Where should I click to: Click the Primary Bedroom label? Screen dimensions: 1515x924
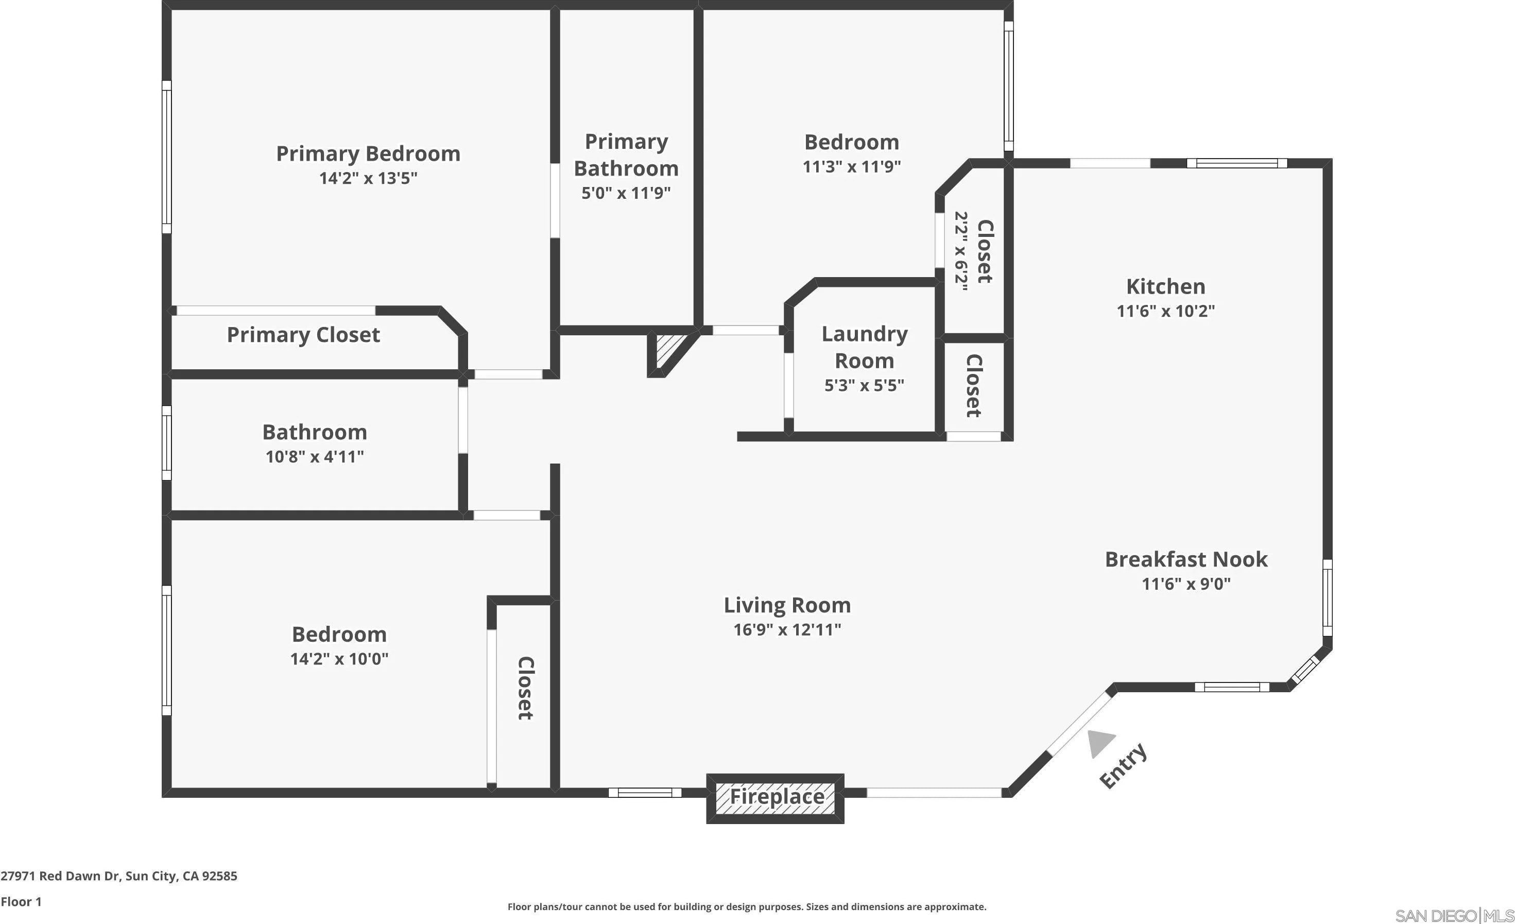tap(368, 153)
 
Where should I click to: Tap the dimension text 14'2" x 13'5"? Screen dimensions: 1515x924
tap(368, 178)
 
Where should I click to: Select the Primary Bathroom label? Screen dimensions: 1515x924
tap(626, 155)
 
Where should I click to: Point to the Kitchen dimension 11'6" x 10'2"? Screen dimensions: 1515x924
tap(1165, 311)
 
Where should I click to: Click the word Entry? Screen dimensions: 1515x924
tap(1123, 765)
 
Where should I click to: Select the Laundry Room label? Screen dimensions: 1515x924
tap(864, 347)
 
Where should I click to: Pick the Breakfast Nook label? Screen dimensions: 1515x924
tap(1185, 559)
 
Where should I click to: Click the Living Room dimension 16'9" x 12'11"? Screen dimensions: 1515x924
tap(787, 629)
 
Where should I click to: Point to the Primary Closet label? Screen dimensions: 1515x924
tap(303, 335)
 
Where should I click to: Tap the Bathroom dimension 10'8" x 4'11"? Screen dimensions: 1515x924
tap(314, 457)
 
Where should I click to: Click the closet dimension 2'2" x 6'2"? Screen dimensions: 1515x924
tap(961, 251)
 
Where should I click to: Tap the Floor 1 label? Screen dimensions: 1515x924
tap(21, 902)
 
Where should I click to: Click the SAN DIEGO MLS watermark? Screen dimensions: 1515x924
tap(1454, 915)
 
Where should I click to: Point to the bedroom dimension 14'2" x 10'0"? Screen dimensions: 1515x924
tap(339, 659)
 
